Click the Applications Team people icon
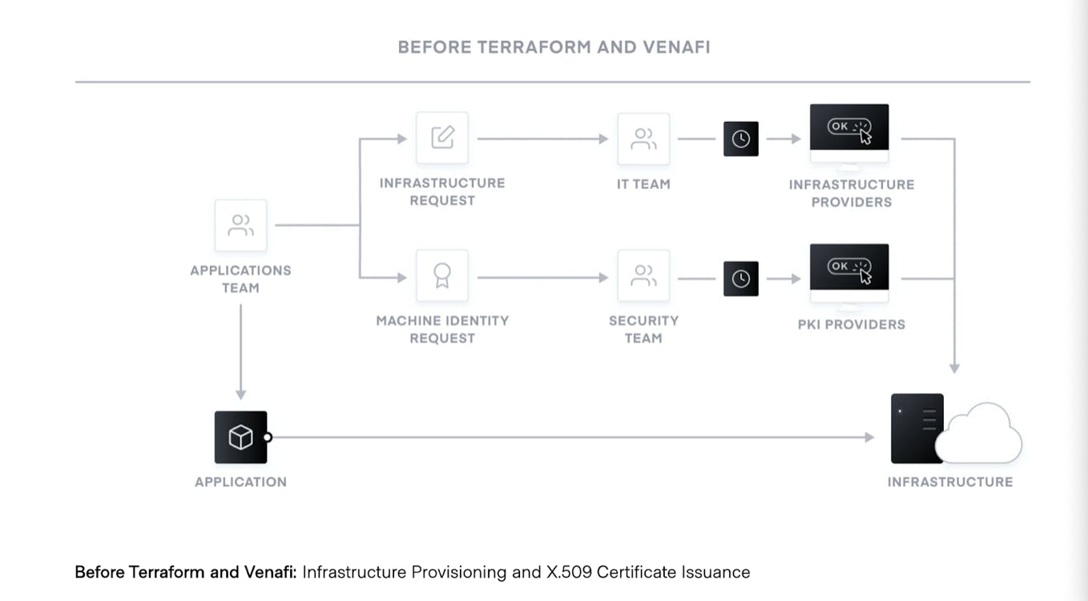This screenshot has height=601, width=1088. pyautogui.click(x=241, y=225)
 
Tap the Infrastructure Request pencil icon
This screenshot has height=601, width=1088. pyautogui.click(x=442, y=138)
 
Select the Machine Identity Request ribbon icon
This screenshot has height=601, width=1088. pyautogui.click(x=442, y=276)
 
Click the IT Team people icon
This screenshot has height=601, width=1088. pyautogui.click(x=643, y=139)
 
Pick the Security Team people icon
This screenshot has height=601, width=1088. pyautogui.click(x=643, y=276)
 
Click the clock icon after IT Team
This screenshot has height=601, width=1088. pyautogui.click(x=741, y=139)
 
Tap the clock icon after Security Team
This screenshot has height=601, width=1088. pyautogui.click(x=741, y=279)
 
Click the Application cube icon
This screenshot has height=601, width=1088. pyautogui.click(x=241, y=438)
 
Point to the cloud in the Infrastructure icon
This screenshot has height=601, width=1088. pyautogui.click(x=979, y=435)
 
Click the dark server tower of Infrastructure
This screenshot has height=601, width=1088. pyautogui.click(x=916, y=429)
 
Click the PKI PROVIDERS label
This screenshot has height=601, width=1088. pyautogui.click(x=852, y=325)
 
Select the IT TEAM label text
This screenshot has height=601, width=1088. pyautogui.click(x=643, y=184)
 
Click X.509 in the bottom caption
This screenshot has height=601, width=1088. pyautogui.click(x=570, y=572)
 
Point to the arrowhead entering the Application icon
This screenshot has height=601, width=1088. pyautogui.click(x=241, y=394)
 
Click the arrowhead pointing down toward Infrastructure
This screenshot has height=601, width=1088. pyautogui.click(x=954, y=369)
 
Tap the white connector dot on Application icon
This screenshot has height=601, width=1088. pyautogui.click(x=267, y=438)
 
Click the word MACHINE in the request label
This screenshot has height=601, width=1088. pyautogui.click(x=408, y=321)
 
